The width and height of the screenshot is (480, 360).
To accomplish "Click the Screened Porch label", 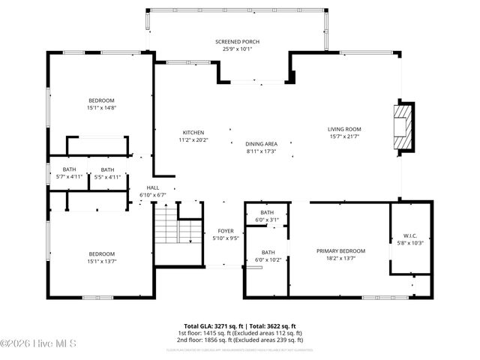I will (x=234, y=41).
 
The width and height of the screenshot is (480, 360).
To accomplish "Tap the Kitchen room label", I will (x=193, y=133).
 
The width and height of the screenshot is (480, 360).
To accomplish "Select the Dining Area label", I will (x=261, y=144).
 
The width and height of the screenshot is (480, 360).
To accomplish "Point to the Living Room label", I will (x=344, y=129).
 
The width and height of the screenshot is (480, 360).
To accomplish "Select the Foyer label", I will (x=226, y=231).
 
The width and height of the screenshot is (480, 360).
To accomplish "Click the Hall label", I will (x=152, y=188).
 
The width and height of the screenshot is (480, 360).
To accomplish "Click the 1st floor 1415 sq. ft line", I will (x=240, y=333).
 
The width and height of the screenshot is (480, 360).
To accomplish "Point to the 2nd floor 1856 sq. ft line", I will (x=240, y=339).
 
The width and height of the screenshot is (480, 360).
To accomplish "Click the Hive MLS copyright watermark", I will (x=29, y=344).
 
